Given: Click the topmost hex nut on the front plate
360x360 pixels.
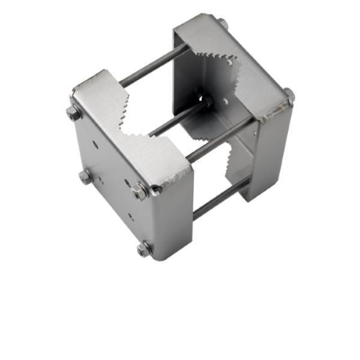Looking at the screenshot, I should pyautogui.click(x=73, y=113).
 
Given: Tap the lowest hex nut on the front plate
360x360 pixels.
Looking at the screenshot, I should pyautogui.click(x=145, y=249).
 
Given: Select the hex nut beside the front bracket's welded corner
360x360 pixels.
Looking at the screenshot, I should pyautogui.click(x=140, y=191).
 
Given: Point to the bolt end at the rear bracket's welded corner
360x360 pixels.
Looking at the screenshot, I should pyautogui.click(x=288, y=94).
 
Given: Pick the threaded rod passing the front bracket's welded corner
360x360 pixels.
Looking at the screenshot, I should pyautogui.click(x=216, y=140).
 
